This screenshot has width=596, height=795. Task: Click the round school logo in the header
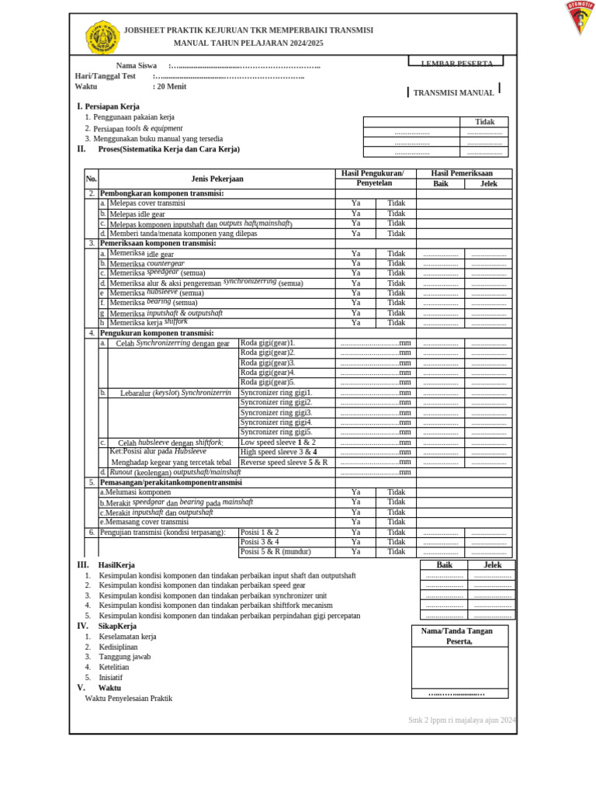pos(102,36)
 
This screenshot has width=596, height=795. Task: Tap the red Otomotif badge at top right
pos(580,17)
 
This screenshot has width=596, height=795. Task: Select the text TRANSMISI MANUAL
pos(453,92)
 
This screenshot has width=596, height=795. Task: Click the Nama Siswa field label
pos(137,66)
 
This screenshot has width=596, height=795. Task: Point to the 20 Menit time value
pos(169,87)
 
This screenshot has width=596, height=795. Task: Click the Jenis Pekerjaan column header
pos(217,179)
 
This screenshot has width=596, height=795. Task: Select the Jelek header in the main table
pos(488,184)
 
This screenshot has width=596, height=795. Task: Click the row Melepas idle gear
pos(137,214)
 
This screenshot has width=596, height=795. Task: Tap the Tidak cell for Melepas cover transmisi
pos(396,203)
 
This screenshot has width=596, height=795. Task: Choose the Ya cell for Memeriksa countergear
pos(355,263)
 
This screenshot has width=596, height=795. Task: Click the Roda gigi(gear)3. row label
pos(268,363)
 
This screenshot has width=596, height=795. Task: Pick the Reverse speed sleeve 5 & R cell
pos(284,462)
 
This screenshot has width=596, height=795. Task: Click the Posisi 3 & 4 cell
pos(260,542)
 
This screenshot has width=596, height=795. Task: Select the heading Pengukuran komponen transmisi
pos(157,333)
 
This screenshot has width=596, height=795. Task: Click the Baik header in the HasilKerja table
pos(444,565)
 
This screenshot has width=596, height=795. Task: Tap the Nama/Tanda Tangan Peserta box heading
pos(459,636)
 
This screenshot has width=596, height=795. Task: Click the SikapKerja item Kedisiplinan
pos(118,647)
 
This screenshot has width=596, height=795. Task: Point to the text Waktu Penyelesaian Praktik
pos(128,698)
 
